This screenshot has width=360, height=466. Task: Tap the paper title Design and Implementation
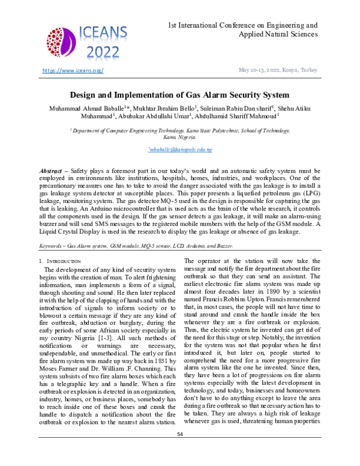pos(180,95)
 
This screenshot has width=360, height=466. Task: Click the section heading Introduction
pos(61,262)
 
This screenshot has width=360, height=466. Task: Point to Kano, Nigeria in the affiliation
pos(180,137)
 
